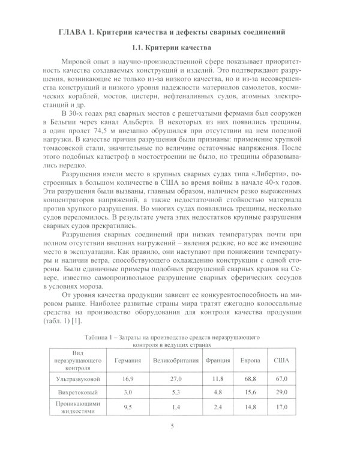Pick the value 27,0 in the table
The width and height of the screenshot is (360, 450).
(176, 380)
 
